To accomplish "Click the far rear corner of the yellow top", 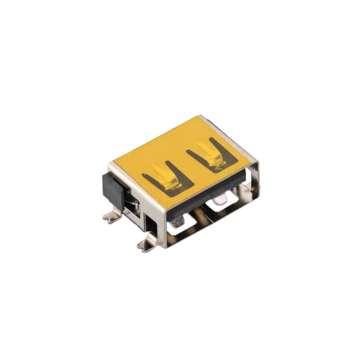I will pyautogui.click(x=202, y=117).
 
